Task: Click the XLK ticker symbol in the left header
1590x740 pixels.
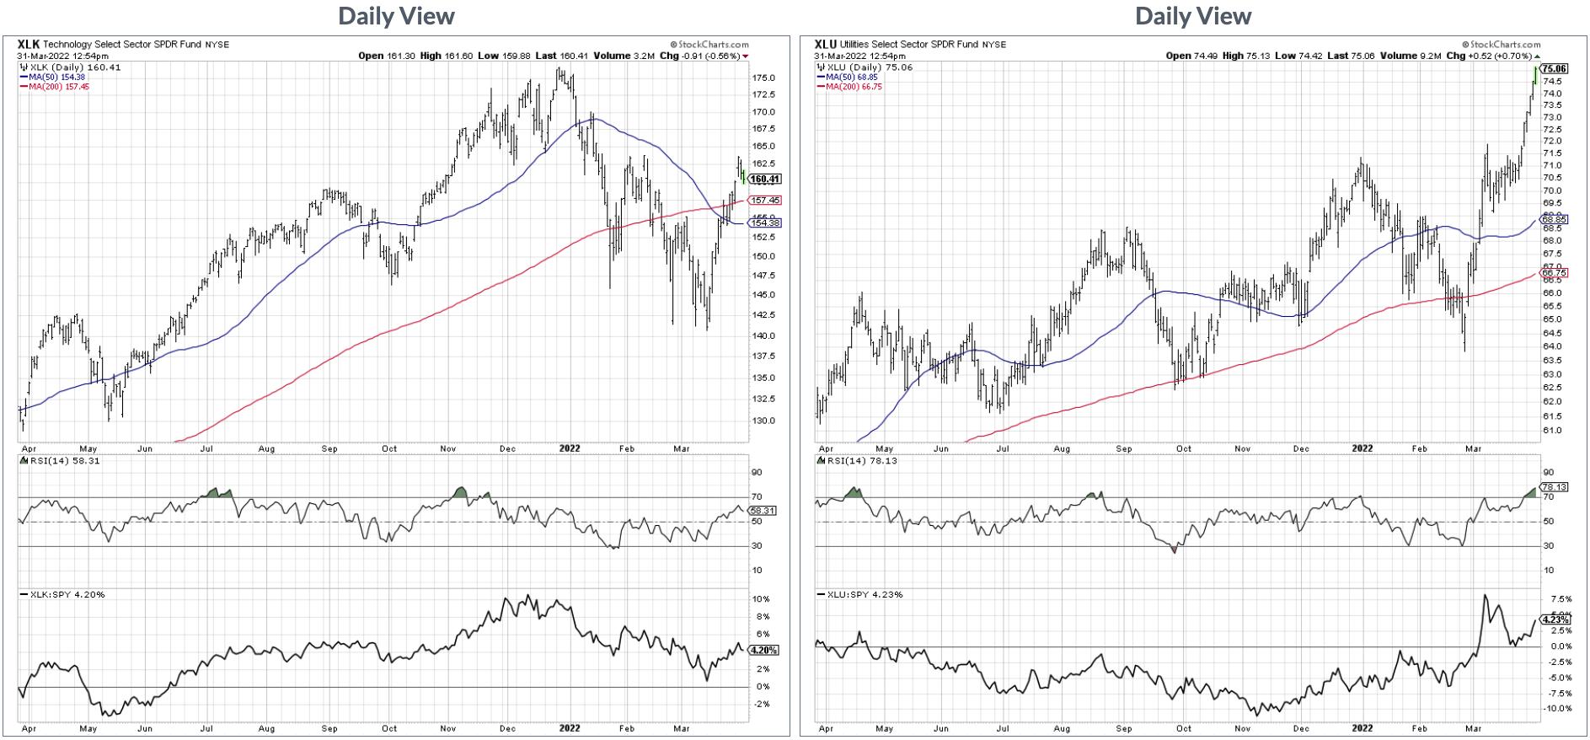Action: pos(29,44)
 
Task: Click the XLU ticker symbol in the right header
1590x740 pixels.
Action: pos(826,44)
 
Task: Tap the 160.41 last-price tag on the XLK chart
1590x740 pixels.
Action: pos(765,179)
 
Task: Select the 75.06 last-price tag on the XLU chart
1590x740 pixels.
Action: pos(1554,69)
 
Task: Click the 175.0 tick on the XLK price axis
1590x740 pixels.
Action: pos(763,78)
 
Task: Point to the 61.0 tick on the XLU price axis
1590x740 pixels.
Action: pos(1551,431)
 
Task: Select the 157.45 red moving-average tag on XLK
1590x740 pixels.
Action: pos(765,200)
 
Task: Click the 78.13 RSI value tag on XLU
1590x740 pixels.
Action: pos(1553,487)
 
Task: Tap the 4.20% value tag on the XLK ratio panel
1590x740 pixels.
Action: pos(763,651)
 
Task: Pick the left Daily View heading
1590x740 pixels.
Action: pos(396,16)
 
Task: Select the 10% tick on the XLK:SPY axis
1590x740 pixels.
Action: pos(761,599)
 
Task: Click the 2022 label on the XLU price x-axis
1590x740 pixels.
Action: pos(1362,448)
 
